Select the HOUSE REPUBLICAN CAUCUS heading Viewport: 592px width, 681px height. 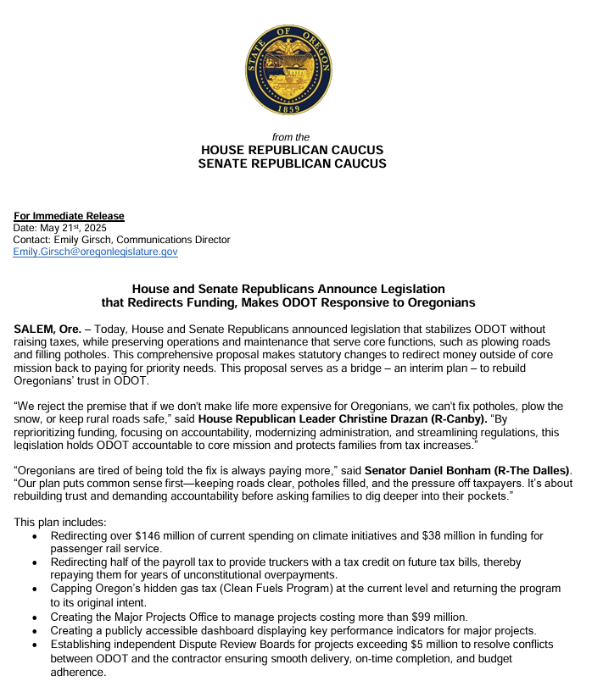[x=292, y=150]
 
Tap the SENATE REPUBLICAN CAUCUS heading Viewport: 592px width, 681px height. [x=292, y=163]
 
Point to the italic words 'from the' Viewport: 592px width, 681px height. [x=291, y=137]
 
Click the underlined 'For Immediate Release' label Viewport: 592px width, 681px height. [x=69, y=216]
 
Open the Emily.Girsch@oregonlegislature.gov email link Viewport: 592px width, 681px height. [x=95, y=252]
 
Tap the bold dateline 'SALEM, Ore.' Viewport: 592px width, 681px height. [x=47, y=329]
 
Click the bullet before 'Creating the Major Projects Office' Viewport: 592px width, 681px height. [x=33, y=617]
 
